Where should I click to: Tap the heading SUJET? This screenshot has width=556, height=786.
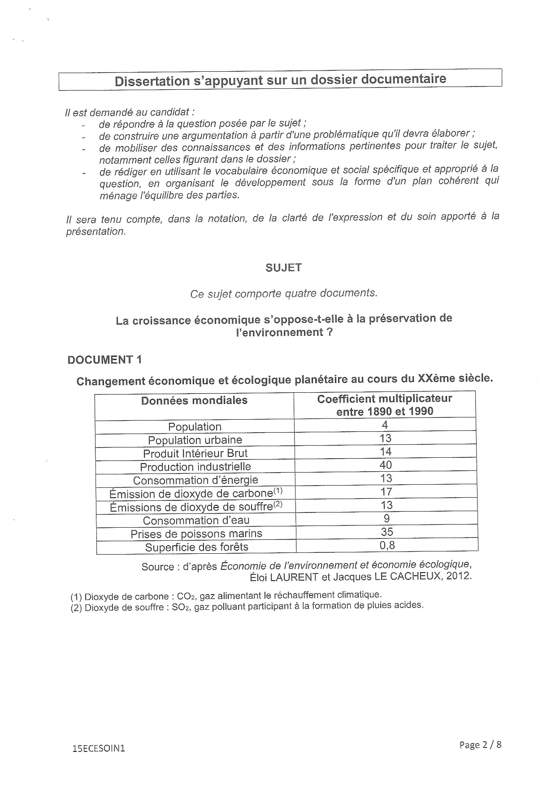283,268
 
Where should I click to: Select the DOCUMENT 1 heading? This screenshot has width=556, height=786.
104,360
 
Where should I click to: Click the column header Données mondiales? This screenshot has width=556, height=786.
194,400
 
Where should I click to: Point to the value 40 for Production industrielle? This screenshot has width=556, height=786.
386,465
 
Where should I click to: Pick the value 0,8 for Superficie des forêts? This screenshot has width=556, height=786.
387,545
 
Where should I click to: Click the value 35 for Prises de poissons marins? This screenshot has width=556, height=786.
387,532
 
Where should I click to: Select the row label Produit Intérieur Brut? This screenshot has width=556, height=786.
195,453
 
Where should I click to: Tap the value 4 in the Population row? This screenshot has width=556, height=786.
385,425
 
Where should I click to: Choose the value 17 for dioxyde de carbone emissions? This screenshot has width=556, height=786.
386,492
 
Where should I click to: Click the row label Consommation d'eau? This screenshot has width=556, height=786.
196,521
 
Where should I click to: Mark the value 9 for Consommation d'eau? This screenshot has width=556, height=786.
387,519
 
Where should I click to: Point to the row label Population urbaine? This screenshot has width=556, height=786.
195,440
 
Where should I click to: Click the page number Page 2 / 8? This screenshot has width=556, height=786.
480,745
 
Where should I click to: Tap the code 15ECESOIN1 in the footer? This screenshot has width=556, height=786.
98,748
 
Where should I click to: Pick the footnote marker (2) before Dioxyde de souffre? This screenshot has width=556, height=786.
76,608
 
